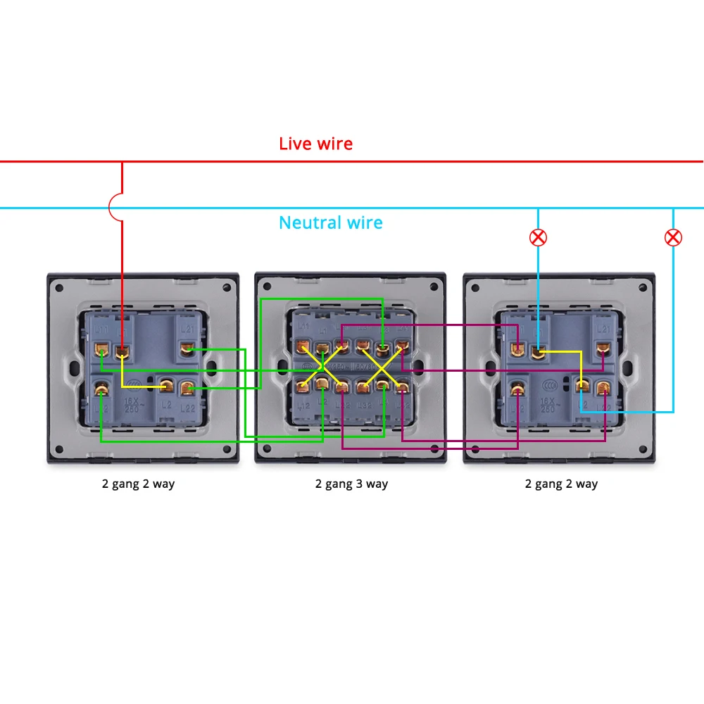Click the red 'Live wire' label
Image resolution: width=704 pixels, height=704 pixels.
315,144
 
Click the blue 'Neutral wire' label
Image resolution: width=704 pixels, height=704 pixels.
330,223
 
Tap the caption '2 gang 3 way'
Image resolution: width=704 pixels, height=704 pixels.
351,484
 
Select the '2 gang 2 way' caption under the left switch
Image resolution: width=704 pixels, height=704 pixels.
139,484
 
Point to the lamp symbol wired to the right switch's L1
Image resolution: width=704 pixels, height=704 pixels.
538,237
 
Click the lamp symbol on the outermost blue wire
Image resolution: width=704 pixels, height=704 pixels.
673,237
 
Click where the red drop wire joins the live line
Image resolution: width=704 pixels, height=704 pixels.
122,162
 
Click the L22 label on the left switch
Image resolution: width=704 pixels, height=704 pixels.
188,407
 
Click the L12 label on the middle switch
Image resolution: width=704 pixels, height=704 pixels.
303,405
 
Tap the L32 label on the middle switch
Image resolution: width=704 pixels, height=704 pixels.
364,405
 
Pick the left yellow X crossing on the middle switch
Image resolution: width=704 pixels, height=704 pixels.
322,366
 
